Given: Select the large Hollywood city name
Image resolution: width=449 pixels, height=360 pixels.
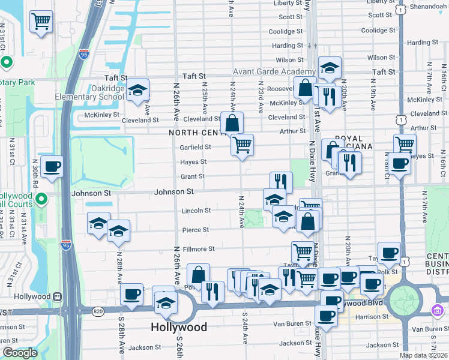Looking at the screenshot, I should point(178,328).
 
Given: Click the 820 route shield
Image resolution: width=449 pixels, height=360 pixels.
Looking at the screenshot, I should point(98,311).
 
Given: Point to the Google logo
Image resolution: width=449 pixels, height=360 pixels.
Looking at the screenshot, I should point(20,353).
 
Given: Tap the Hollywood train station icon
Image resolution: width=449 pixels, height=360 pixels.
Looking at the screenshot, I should point(58,296).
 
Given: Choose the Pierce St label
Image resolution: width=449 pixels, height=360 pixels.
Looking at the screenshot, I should point(196,230).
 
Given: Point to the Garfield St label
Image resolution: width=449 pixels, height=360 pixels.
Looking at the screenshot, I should point(195,147).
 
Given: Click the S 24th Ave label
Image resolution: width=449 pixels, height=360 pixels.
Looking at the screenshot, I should point(245,326).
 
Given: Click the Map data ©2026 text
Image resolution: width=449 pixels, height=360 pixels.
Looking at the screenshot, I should point(423,355).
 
